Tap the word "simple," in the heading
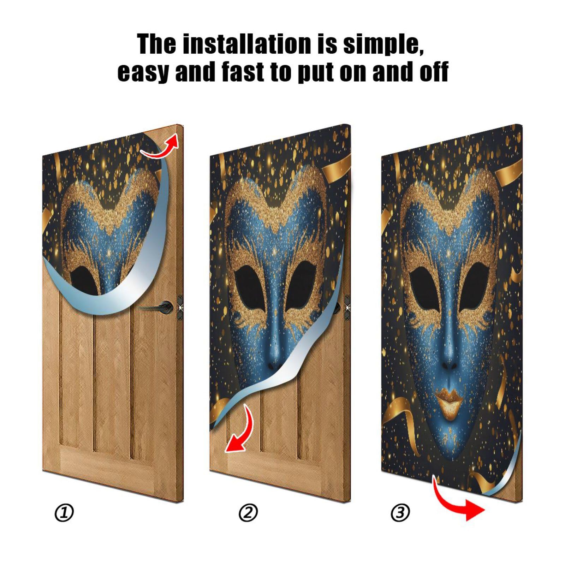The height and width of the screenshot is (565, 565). pos(383,45)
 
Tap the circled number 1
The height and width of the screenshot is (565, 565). pos(64,512)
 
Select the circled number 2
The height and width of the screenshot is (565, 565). pos(248,512)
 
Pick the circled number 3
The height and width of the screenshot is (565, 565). pos(400,512)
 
